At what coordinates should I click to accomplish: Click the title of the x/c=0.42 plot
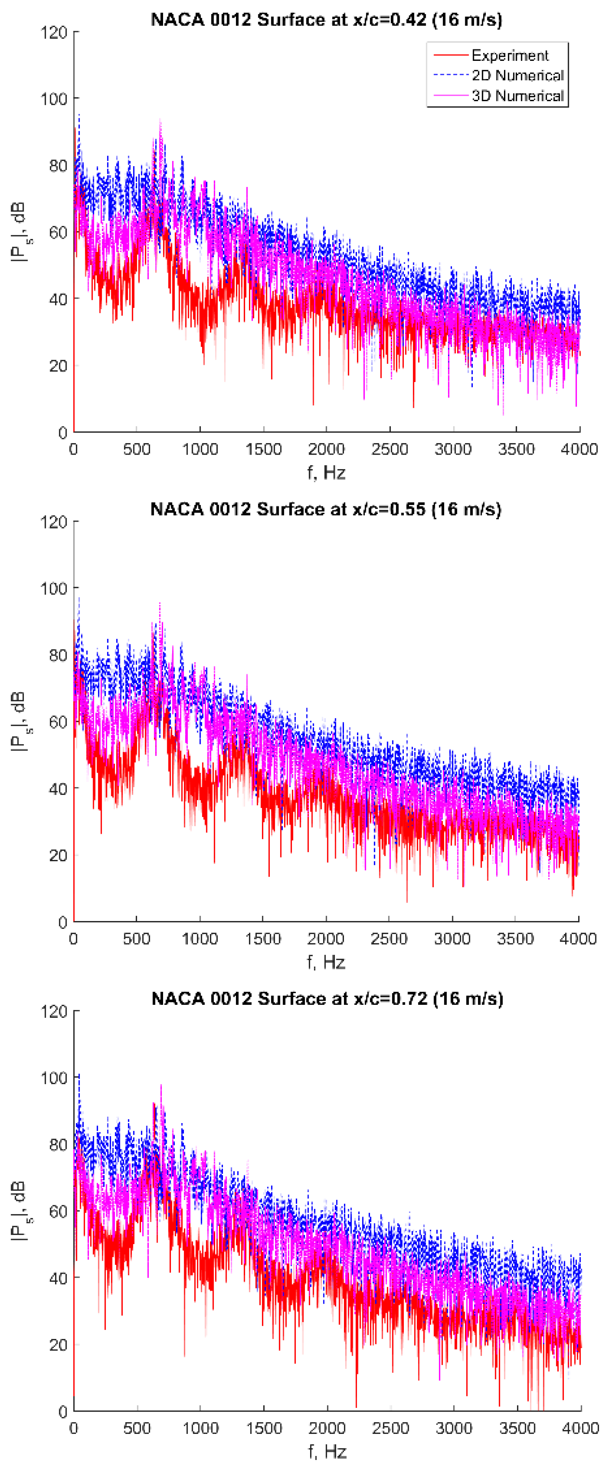pyautogui.click(x=326, y=20)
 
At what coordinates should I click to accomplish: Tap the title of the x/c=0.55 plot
pyautogui.click(x=325, y=509)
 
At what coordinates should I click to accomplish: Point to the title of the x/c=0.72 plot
pyautogui.click(x=327, y=999)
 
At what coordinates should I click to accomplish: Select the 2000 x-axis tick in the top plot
pyautogui.click(x=326, y=449)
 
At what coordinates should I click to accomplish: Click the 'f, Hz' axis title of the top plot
pyautogui.click(x=326, y=473)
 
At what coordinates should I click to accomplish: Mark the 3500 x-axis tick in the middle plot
pyautogui.click(x=515, y=939)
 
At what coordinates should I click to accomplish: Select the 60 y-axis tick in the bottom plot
pyautogui.click(x=57, y=1212)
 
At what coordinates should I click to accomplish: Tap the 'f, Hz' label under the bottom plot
pyautogui.click(x=327, y=1452)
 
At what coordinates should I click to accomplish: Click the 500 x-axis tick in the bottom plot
pyautogui.click(x=137, y=1428)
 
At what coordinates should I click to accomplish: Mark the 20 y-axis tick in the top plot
pyautogui.click(x=57, y=365)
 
